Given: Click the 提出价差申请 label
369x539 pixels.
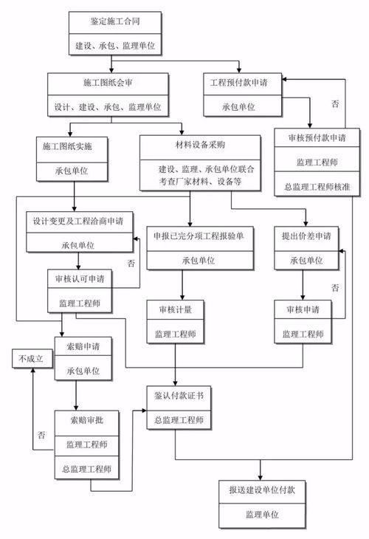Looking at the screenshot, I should [x=306, y=236].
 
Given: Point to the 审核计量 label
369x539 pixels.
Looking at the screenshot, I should [x=175, y=309].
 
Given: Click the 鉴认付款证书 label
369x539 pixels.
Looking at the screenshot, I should [x=175, y=396].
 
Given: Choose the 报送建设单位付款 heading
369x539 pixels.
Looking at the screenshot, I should [x=261, y=490].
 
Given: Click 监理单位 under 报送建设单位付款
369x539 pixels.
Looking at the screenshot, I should [x=261, y=514].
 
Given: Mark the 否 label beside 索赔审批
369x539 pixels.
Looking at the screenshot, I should [x=41, y=436].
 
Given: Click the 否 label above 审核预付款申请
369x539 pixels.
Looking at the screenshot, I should [x=334, y=104].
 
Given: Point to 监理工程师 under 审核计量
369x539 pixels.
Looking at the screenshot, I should [x=175, y=334].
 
